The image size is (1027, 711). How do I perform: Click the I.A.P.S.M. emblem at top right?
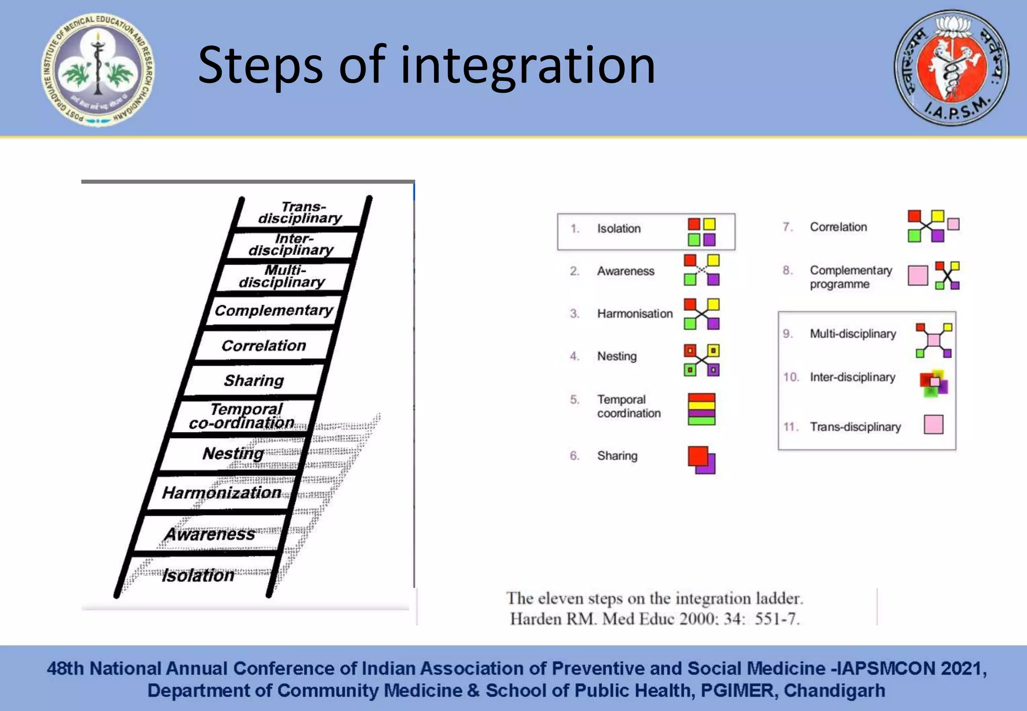[951, 68]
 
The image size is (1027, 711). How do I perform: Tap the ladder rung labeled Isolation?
[198, 575]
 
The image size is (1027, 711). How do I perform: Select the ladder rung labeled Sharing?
[254, 381]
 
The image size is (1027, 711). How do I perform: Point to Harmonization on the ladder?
[221, 492]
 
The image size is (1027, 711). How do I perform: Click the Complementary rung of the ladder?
[274, 310]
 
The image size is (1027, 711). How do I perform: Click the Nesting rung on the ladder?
[233, 453]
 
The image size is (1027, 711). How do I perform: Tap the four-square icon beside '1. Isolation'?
[702, 232]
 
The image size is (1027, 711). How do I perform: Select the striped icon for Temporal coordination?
[702, 409]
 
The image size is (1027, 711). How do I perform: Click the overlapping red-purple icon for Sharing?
[702, 460]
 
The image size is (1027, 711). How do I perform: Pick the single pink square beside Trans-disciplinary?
[933, 424]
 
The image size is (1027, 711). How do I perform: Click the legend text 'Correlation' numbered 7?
[838, 227]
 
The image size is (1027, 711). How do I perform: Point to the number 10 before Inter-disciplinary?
[790, 377]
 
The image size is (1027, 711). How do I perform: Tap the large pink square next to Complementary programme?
[918, 275]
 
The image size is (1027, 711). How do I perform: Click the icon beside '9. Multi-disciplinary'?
[933, 340]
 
